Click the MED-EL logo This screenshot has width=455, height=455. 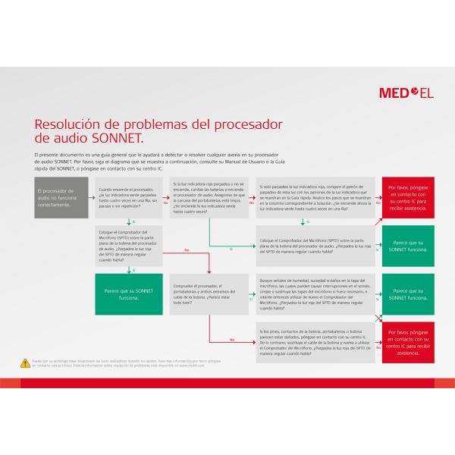(x=406, y=93)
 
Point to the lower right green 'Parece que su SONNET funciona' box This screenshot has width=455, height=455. (x=408, y=294)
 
